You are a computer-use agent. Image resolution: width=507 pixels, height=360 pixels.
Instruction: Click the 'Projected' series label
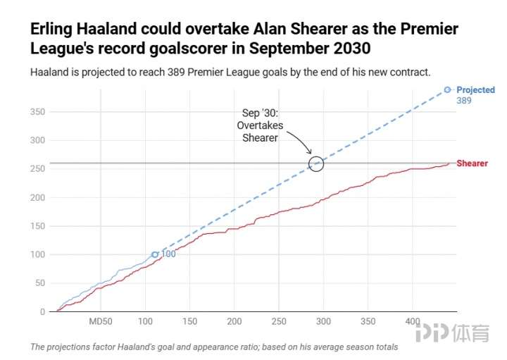coord(475,90)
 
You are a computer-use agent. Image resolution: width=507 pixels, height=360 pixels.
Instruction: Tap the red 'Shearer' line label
coord(472,163)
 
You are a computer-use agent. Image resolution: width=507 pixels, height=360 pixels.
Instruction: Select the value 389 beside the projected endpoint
coord(463,101)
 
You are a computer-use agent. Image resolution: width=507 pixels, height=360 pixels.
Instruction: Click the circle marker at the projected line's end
coord(447,89)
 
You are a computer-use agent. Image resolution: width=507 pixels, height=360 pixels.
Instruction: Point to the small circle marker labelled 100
coord(155,254)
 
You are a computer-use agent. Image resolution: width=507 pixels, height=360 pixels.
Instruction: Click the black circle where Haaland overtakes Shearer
coord(317,163)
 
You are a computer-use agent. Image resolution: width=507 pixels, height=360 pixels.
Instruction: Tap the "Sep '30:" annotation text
coord(261,113)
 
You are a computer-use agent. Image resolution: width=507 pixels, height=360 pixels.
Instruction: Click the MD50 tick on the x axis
coord(100,322)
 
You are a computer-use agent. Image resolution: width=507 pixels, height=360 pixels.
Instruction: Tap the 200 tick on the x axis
coord(234,322)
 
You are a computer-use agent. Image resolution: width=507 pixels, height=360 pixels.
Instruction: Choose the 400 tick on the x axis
coord(412,322)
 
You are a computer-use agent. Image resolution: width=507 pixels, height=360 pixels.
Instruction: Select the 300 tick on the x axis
coord(323,322)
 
